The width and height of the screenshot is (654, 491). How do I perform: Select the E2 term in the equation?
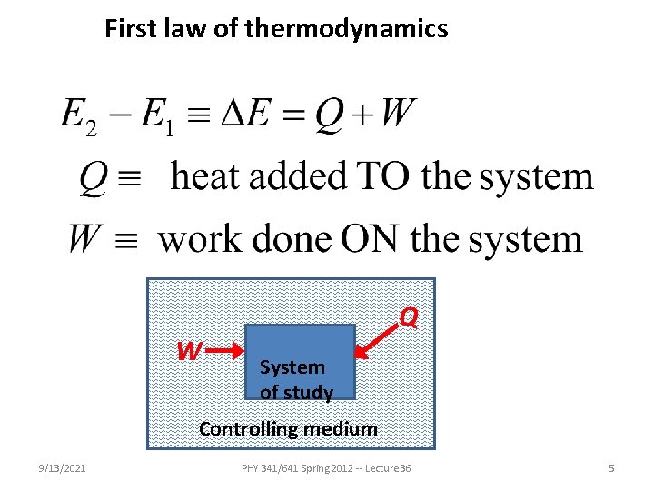pos(77,118)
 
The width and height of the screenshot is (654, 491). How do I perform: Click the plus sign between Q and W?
pos(365,116)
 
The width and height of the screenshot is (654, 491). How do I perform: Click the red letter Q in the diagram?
pos(409,317)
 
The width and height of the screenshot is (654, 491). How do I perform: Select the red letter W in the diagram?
pos(189,350)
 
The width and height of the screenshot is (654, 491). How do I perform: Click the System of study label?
pos(295,379)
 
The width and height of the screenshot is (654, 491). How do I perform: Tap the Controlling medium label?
pos(288,428)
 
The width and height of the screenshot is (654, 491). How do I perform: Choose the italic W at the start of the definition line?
pos(84,239)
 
